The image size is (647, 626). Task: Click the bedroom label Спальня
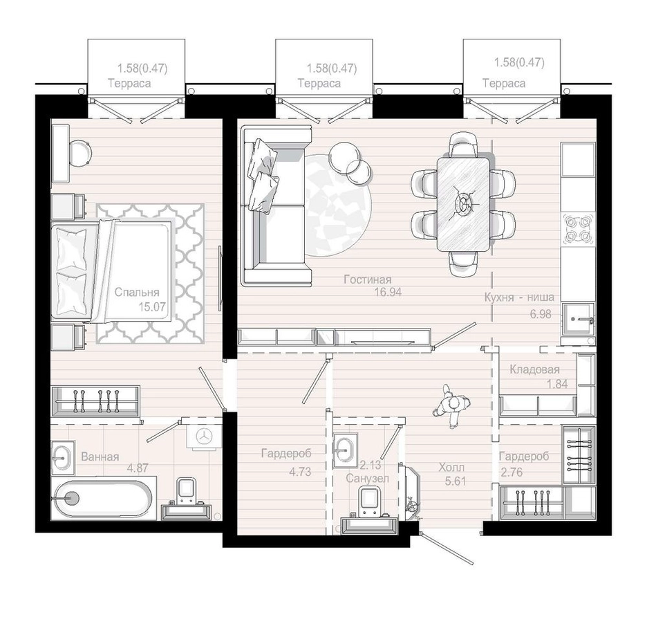coord(137,293)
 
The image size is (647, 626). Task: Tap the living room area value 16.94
coord(388,293)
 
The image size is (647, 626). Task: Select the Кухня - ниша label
coord(519,297)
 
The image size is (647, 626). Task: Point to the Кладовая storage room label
coord(534,369)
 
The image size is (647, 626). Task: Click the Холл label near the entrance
coord(451,468)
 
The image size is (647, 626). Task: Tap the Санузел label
coord(367,478)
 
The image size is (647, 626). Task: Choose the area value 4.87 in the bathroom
coord(138,468)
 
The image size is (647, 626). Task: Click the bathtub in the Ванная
coord(103,498)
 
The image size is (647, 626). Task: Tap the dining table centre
coord(464,203)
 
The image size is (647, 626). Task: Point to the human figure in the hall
coord(450,406)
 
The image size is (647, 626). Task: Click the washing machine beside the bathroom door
coord(203,435)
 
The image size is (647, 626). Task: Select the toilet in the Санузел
coord(369,501)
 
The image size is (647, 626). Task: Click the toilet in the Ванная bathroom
coord(187,491)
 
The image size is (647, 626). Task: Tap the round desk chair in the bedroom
coord(79,152)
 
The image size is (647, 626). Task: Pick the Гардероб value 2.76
coord(512,472)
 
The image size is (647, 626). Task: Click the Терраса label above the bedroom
coord(129,84)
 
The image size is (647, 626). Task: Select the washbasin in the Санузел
coord(344,450)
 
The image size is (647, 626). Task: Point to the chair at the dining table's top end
coord(464,144)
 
